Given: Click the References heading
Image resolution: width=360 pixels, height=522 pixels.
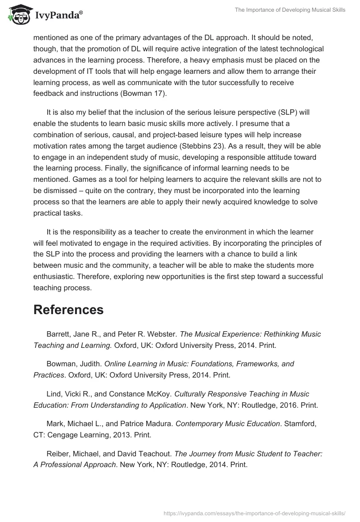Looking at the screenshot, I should click(68, 310).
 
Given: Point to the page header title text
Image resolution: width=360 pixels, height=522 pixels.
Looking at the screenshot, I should click(290, 10).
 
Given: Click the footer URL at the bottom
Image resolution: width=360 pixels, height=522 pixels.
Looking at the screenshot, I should click(255, 513).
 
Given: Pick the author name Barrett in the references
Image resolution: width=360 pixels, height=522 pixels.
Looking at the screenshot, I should click(59, 334).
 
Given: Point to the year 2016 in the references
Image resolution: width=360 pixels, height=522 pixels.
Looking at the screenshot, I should click(286, 405).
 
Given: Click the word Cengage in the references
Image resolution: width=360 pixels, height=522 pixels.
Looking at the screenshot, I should click(60, 435).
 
